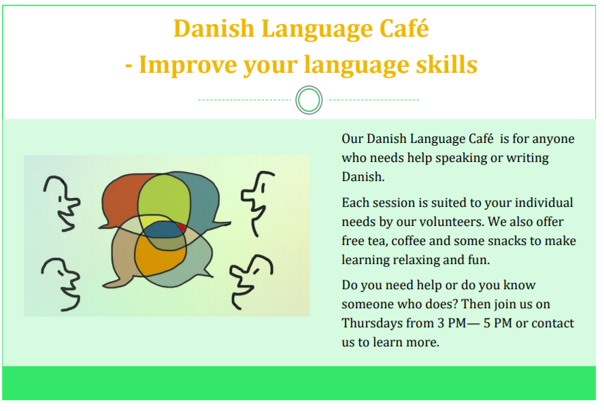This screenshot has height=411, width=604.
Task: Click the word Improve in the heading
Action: [188, 65]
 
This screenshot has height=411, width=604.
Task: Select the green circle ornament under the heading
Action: [309, 100]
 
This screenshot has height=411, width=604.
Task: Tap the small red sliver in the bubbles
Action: [182, 227]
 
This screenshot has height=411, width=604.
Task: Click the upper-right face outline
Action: [257, 203]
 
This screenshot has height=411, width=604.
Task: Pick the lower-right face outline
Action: [251, 282]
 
